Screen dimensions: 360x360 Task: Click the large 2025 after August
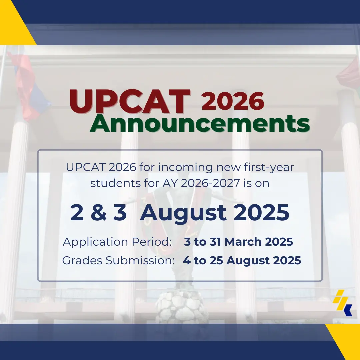click(x=261, y=213)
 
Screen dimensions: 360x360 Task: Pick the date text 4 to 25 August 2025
click(x=242, y=261)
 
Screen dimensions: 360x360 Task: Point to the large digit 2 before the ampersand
click(x=77, y=213)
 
